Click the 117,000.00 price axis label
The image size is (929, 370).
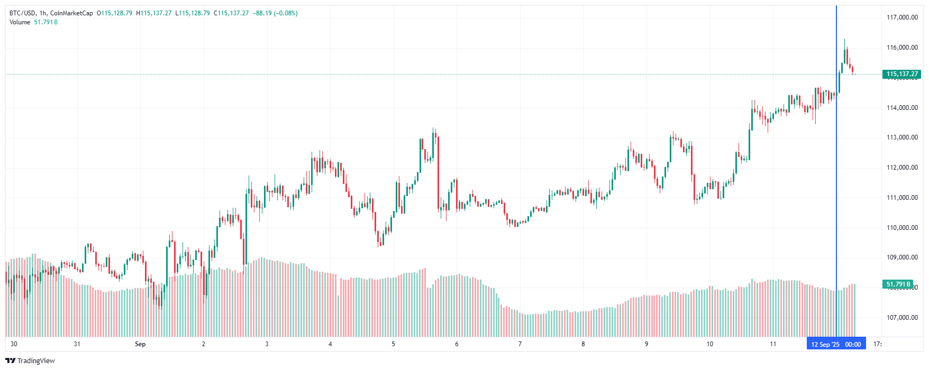click(x=902, y=17)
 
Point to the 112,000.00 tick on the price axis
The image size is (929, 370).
click(x=902, y=168)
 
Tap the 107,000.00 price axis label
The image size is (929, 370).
click(x=902, y=318)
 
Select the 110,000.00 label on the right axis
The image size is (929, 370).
click(x=902, y=228)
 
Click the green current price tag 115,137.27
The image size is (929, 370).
click(x=902, y=74)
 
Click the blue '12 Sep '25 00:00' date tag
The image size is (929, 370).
click(x=836, y=345)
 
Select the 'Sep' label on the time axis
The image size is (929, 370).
click(x=140, y=344)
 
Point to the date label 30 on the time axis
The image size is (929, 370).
click(x=14, y=344)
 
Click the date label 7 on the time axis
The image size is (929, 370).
click(x=520, y=344)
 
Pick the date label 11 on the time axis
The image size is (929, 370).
click(x=773, y=344)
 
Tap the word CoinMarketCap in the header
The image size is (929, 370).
click(x=71, y=13)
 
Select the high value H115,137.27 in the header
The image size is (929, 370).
click(x=154, y=13)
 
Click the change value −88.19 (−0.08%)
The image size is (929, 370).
click(x=276, y=13)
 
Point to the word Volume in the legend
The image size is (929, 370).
click(x=20, y=22)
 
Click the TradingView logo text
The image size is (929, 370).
click(x=35, y=361)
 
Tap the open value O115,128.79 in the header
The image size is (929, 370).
click(x=114, y=13)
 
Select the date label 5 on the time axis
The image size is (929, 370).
click(x=394, y=344)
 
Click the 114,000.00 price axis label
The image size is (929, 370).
click(x=902, y=108)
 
